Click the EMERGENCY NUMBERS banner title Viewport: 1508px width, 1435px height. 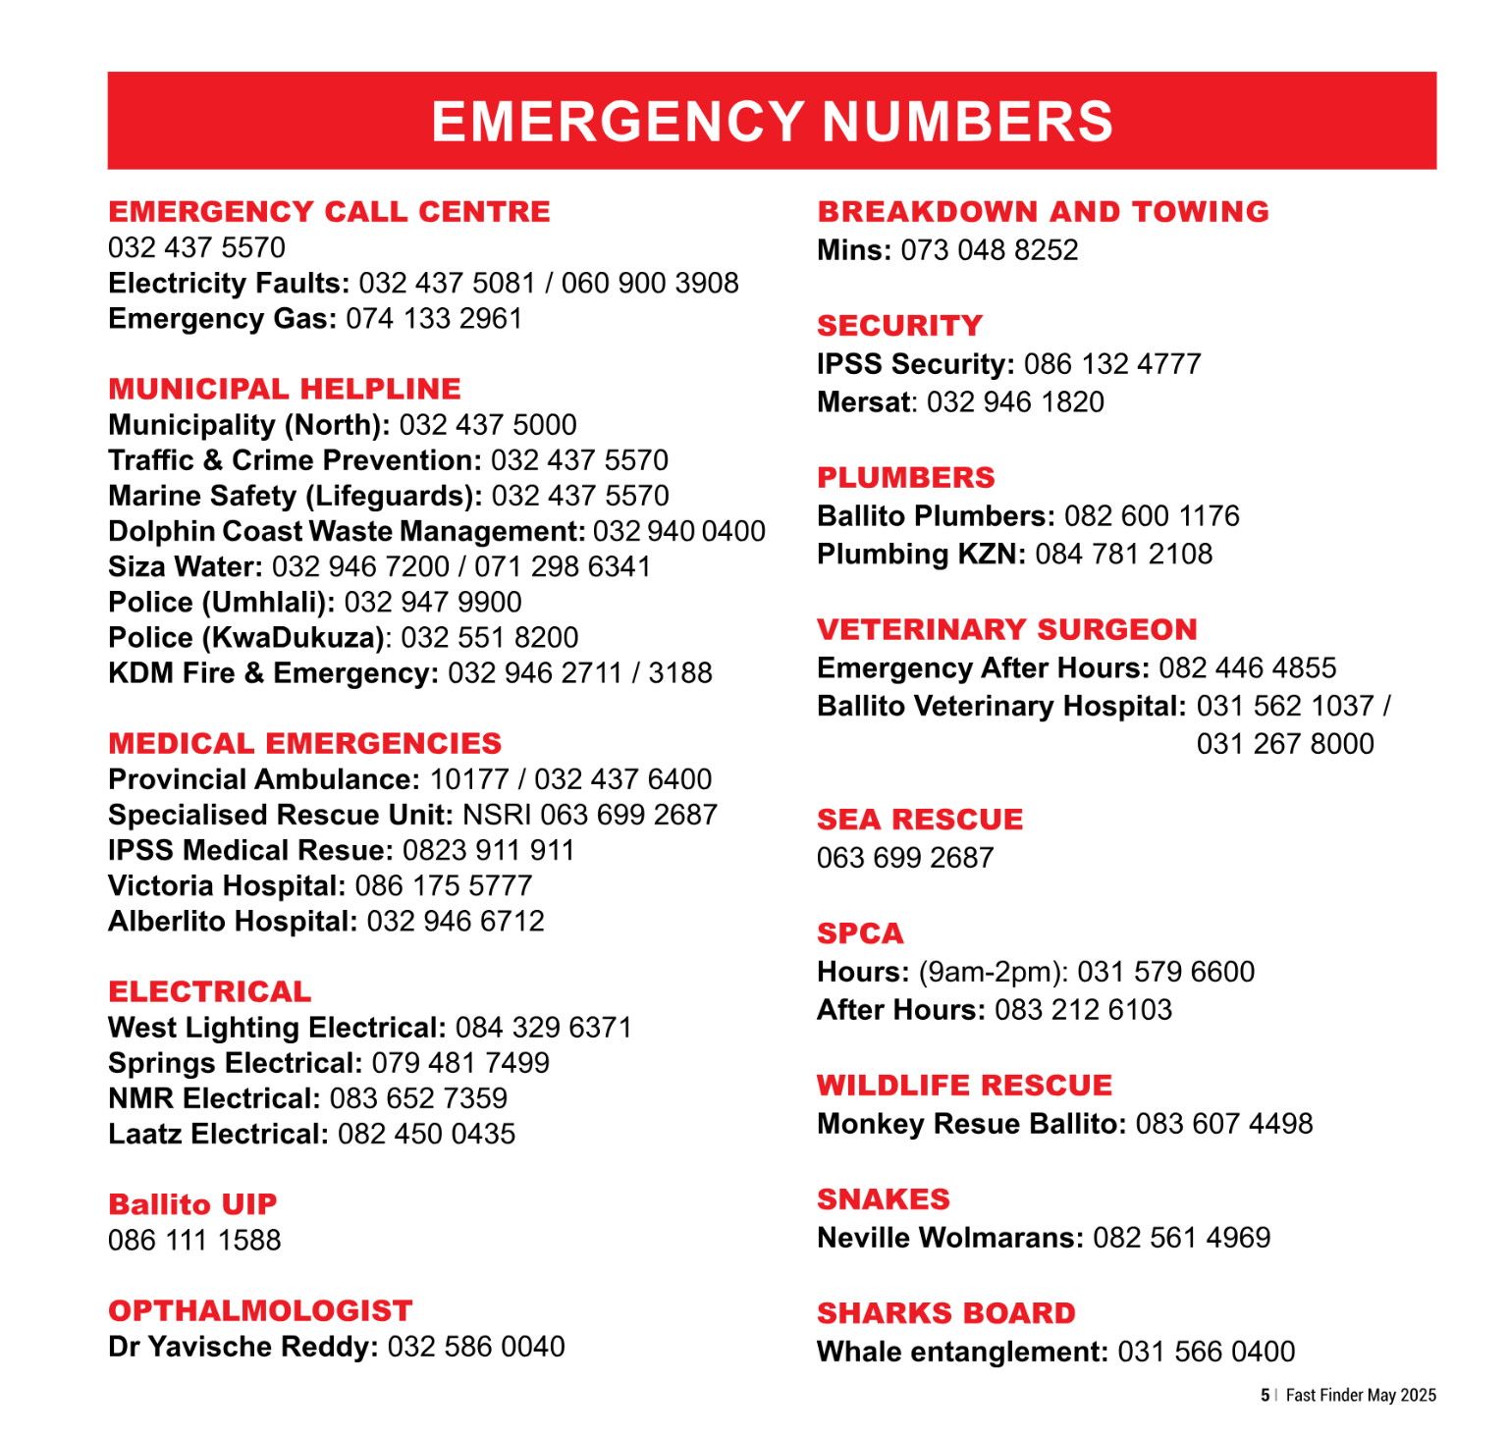coord(772,122)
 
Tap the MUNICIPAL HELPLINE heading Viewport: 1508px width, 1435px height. coord(285,389)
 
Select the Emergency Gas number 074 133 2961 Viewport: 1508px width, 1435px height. coord(434,319)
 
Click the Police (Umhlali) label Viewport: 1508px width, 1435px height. coord(221,602)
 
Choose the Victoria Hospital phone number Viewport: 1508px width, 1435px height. coord(444,885)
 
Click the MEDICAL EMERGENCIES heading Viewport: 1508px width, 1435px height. coord(305,743)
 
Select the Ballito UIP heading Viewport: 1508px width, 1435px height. coord(192,1204)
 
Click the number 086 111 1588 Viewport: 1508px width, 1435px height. coord(194,1240)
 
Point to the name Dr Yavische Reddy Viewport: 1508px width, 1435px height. coord(242,1346)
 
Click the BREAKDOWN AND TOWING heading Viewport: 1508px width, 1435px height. coord(1043,212)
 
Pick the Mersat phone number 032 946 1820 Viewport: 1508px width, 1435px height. coord(1015,401)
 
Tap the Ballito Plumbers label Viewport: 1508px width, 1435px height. coord(936,515)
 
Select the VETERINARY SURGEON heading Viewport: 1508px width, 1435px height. coord(1007,629)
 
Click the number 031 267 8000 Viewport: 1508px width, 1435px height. coord(1284,744)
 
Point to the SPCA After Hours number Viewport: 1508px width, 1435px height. coord(1083,1009)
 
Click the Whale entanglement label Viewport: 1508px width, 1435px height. coord(962,1352)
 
